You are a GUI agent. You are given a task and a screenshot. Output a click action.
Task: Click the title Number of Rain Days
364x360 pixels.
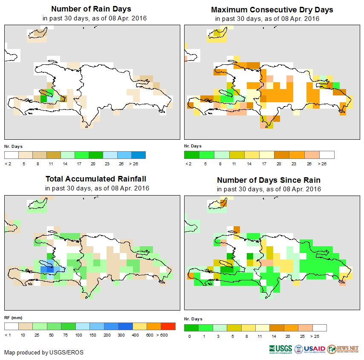pos(91,9)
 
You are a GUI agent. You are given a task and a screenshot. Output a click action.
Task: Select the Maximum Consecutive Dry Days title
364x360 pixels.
pos(272,9)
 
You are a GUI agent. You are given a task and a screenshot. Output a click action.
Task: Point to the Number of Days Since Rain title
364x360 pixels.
pos(269,180)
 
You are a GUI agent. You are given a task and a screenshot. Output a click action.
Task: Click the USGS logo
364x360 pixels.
pos(280,349)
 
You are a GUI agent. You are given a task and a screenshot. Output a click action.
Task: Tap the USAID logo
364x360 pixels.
pos(310,349)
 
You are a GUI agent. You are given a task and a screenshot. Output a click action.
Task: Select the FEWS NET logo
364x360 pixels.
pos(343,349)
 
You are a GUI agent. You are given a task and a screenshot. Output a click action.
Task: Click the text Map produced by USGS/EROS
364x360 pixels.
pos(44,352)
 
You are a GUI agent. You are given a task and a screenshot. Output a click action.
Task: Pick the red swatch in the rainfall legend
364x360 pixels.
pos(168,326)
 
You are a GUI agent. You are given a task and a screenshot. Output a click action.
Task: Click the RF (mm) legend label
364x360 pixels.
pos(13,317)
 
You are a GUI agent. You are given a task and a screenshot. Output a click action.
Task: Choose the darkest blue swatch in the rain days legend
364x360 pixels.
pos(138,154)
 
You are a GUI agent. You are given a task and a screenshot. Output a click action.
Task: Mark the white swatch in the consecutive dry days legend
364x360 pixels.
pos(327,154)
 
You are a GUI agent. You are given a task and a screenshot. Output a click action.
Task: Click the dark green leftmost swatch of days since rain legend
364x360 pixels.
pos(191,328)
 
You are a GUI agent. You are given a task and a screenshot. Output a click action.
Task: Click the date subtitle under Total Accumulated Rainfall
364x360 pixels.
pos(97,188)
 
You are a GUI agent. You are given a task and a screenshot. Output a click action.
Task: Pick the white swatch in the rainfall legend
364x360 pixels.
pos(12,326)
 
